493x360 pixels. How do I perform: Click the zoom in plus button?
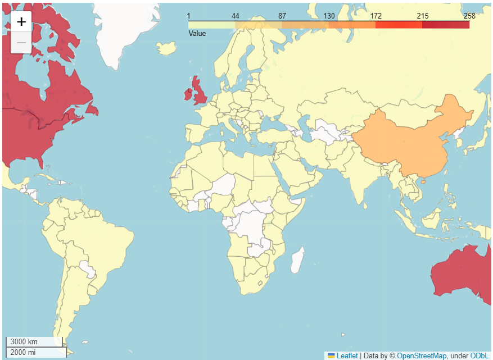pyautogui.click(x=21, y=22)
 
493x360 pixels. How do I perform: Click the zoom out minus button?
pyautogui.click(x=21, y=43)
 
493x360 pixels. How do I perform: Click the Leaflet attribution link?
pyautogui.click(x=346, y=356)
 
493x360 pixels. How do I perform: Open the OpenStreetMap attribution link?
pyautogui.click(x=422, y=356)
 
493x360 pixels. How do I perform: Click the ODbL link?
pyautogui.click(x=480, y=356)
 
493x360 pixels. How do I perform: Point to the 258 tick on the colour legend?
pyautogui.click(x=469, y=16)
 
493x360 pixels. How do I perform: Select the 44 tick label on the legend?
pyautogui.click(x=235, y=16)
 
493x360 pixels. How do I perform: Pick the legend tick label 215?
pyautogui.click(x=422, y=16)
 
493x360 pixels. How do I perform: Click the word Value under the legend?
pyautogui.click(x=197, y=34)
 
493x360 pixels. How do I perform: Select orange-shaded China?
pyautogui.click(x=405, y=140)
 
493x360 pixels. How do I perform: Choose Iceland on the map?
pyautogui.click(x=167, y=48)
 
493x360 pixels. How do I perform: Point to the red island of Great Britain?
pyautogui.click(x=199, y=93)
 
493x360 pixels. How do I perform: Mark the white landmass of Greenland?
pyautogui.click(x=121, y=28)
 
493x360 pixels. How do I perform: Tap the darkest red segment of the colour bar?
pyautogui.click(x=446, y=25)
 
